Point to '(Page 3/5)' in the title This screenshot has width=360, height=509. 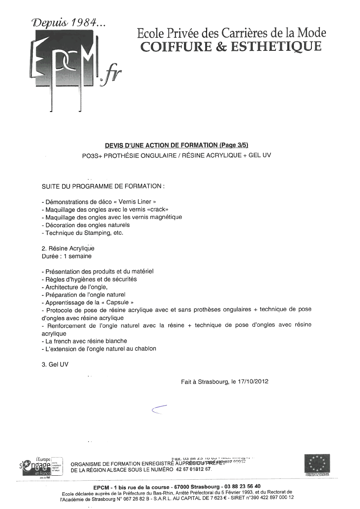coord(234,145)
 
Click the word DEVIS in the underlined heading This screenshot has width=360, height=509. coord(115,145)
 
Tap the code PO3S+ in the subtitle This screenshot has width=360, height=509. coord(90,155)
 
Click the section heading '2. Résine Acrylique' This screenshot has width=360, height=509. coord(67,248)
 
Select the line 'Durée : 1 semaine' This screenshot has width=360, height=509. coord(66,256)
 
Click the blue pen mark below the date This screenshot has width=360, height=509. coord(159,409)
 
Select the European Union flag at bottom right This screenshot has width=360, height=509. coord(317,463)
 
